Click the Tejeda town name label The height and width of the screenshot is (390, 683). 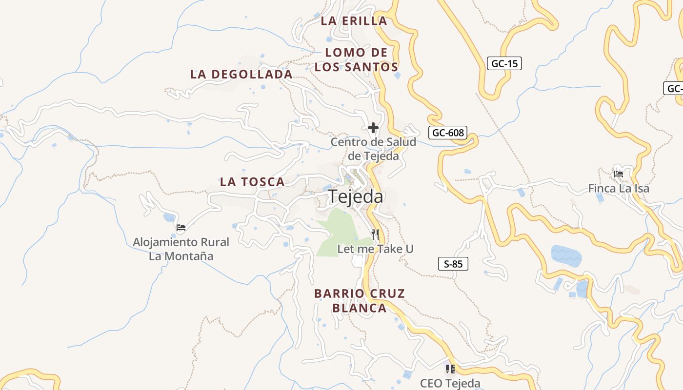pos(356,196)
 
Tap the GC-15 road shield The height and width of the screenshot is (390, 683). pos(504,63)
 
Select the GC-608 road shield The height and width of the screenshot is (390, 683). pos(447,133)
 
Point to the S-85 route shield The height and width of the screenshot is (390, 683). pos(453,264)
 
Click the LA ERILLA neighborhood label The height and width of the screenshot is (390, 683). pos(354,21)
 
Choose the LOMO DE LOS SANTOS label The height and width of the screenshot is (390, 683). pos(356,60)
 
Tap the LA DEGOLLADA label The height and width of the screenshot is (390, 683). pos(241,74)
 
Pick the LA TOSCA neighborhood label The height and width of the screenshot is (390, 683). pos(252,182)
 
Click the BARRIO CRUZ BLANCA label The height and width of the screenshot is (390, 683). pos(360,301)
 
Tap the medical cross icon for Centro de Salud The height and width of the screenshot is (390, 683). pos(373,128)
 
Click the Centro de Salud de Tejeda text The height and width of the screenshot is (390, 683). pos(373,149)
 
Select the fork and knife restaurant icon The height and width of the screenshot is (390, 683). pos(375,234)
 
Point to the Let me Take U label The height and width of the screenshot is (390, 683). pos(375,249)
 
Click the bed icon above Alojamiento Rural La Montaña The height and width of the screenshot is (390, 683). pos(181,227)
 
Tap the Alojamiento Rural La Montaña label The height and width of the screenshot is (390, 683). pos(181,249)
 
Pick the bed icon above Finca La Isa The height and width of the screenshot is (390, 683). pos(619,174)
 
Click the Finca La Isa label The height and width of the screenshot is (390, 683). pos(619,188)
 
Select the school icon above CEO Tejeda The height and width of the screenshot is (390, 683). pos(450,369)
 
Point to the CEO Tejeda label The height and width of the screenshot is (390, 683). pos(450,384)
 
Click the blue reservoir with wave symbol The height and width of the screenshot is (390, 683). pos(566,255)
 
